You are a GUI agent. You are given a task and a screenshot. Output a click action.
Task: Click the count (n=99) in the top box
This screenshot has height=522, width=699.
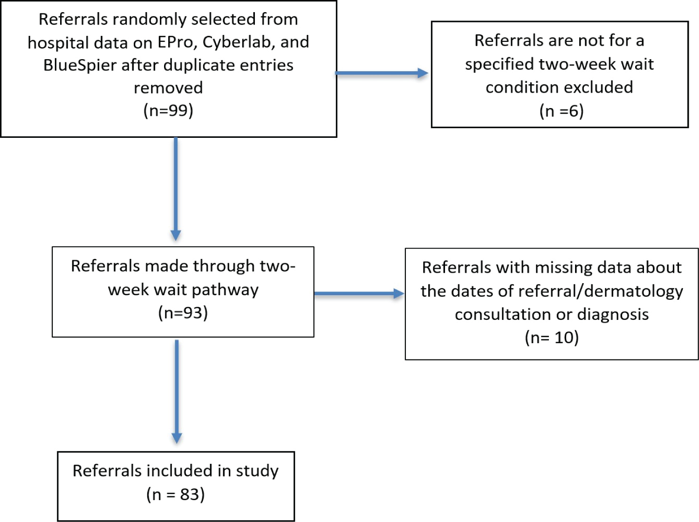coord(168,111)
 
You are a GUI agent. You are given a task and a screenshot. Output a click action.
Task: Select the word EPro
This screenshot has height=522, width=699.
coord(177,42)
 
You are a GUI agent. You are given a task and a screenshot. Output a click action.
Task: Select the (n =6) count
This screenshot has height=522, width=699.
coord(562,111)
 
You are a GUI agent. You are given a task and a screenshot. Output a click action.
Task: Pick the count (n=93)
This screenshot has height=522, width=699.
coord(183,313)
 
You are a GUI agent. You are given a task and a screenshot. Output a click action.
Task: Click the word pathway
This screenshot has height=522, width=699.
coord(225,290)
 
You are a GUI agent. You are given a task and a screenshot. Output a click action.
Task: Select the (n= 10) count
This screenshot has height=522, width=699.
coord(552,338)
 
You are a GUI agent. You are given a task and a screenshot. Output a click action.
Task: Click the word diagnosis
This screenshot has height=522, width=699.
coord(613,314)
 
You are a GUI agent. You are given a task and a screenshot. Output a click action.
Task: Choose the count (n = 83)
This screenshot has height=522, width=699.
coord(176,495)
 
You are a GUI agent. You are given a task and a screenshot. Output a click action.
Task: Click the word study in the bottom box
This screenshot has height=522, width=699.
coord(257,471)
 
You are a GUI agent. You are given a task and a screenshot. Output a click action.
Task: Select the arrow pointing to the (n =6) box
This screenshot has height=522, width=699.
coord(382,73)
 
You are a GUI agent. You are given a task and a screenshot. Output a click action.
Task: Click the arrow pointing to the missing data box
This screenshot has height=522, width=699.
coord(359,293)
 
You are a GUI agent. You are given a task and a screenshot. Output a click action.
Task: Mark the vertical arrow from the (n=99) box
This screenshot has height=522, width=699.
coord(176,189)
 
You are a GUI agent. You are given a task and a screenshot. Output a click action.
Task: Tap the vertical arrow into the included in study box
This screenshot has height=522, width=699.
coord(177,392)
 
